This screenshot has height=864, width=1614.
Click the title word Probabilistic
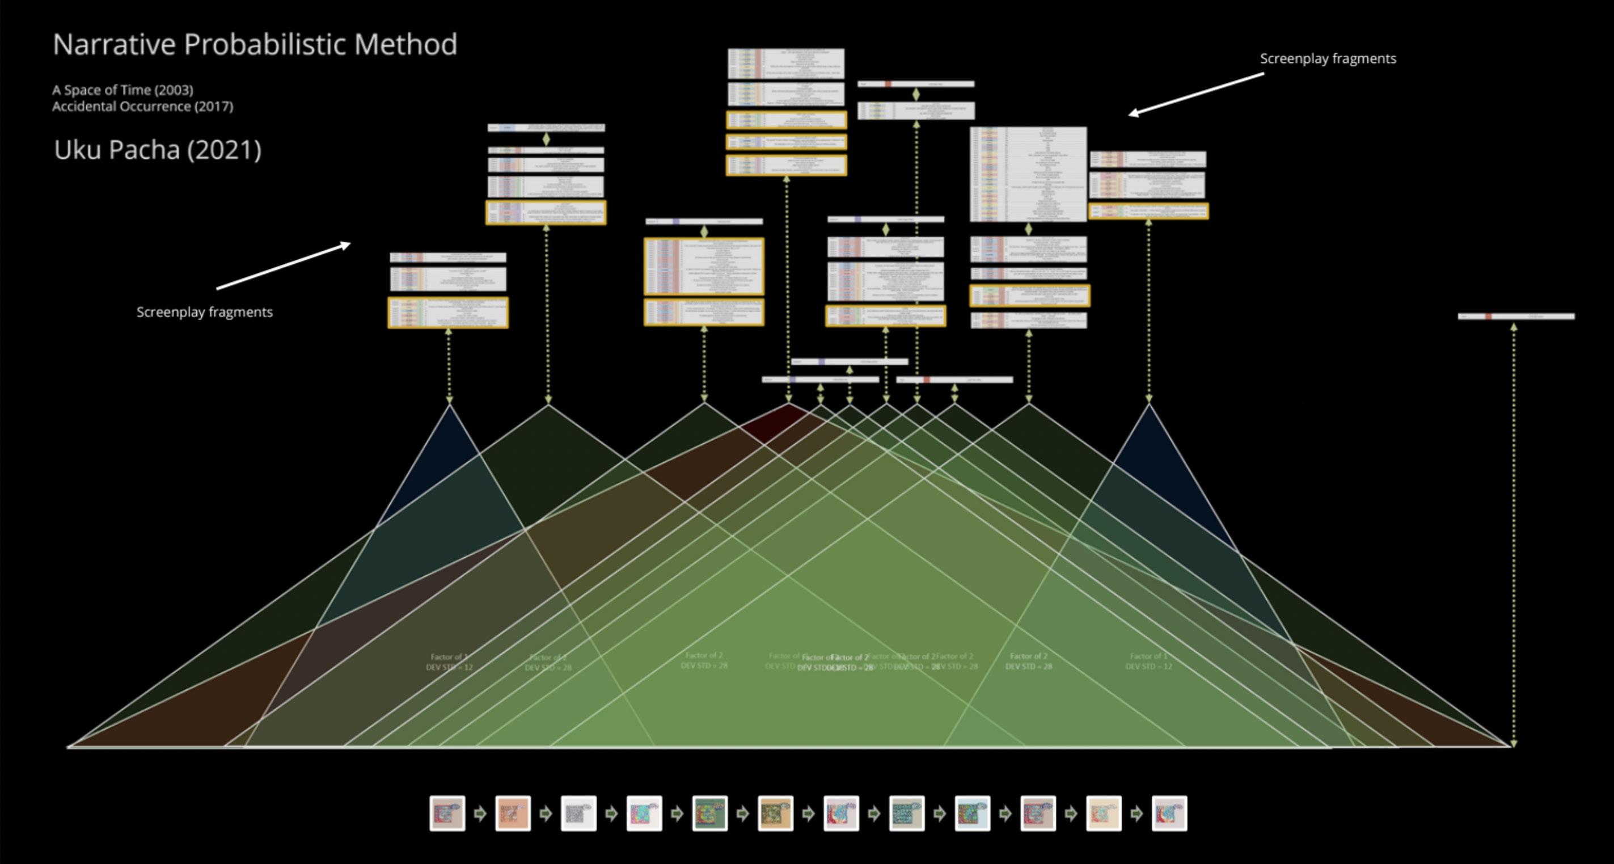265,44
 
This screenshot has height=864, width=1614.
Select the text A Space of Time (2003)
123,90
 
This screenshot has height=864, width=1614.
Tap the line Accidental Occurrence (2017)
142,107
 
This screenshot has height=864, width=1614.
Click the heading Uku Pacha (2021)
157,150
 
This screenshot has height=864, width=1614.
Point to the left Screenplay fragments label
204,312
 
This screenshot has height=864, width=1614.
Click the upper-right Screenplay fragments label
1328,58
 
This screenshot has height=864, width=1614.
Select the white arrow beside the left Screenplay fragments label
283,266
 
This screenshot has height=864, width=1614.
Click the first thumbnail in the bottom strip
447,814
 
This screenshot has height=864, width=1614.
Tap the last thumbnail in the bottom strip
1169,814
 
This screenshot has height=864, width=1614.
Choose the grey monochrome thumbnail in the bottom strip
578,814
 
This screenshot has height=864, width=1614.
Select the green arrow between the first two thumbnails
480,814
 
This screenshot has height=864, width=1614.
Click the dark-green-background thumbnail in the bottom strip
710,814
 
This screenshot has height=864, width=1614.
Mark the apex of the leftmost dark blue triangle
449,406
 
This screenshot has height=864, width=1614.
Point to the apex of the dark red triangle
789,404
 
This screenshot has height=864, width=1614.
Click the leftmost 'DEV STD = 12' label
449,667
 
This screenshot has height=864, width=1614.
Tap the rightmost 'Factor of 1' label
1148,656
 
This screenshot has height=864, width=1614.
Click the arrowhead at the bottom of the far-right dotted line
1514,743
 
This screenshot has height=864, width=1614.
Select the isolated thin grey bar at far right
1516,317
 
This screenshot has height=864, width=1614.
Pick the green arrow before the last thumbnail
1136,814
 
